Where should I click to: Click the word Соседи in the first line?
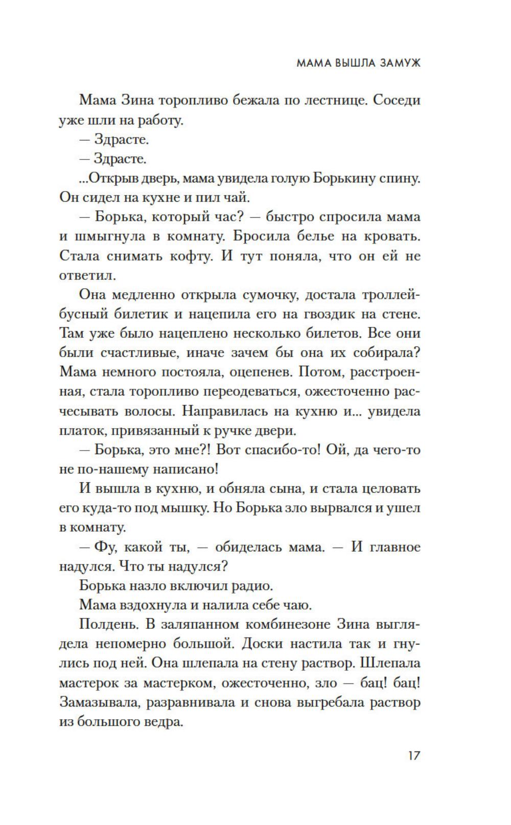(397, 100)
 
